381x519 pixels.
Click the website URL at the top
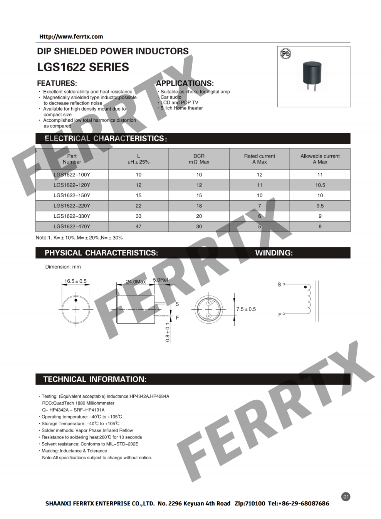(x=71, y=37)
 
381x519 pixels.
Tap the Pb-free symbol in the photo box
(x=285, y=54)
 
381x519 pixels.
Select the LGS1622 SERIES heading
(x=83, y=67)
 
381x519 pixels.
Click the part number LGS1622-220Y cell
(x=72, y=206)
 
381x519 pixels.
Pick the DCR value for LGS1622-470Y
(x=199, y=227)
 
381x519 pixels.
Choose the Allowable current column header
(x=320, y=159)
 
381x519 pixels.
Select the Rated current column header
(x=259, y=159)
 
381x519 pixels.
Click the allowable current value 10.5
(x=320, y=185)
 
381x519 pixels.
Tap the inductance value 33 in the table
(x=138, y=216)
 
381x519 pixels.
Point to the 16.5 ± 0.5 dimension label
(x=76, y=281)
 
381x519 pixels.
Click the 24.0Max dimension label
(x=136, y=282)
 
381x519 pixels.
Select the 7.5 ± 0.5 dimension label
(x=246, y=309)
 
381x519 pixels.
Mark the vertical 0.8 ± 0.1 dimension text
(x=168, y=332)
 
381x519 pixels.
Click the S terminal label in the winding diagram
(x=279, y=285)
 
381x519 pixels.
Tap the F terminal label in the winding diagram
(x=280, y=315)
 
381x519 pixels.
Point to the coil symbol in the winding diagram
(x=308, y=300)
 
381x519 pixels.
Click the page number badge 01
(x=346, y=497)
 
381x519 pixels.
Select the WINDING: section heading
(x=274, y=253)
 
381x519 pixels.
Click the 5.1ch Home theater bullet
(x=181, y=108)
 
